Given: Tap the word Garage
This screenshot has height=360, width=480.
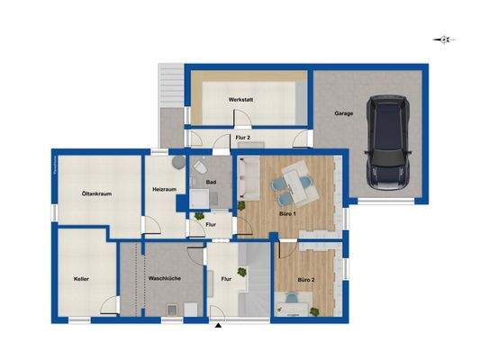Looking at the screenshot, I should click(343, 114).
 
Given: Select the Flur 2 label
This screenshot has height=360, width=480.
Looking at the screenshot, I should click(242, 138).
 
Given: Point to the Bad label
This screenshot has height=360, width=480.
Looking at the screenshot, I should click(211, 183).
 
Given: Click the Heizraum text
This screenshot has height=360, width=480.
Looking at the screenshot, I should click(165, 189).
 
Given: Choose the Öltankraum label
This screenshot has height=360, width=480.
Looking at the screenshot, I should click(95, 193).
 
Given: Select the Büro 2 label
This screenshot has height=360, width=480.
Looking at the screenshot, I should click(312, 292).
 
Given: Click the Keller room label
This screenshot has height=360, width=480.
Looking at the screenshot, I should click(82, 279).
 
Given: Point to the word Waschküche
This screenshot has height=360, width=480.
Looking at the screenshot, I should click(165, 279).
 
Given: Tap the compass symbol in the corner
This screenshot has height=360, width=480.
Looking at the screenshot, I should click(443, 39).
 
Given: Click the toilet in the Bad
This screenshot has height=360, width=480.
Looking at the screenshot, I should click(200, 167).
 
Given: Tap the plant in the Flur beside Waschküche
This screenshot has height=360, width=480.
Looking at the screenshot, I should click(240, 269).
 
